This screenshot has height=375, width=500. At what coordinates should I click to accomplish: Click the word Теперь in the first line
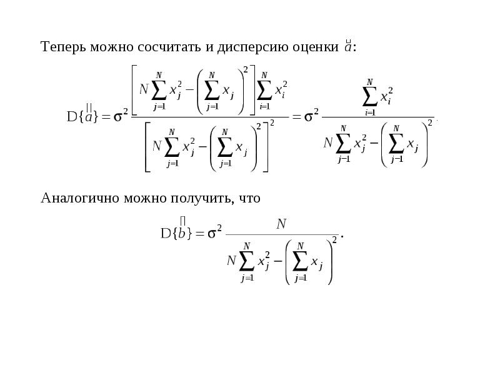point(64,47)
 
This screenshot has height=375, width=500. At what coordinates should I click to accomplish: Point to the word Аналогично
point(80,198)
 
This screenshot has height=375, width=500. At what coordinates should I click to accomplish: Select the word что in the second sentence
point(249,199)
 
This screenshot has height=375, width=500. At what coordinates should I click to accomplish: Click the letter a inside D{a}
point(89,117)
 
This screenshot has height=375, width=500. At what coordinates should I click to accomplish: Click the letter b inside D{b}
point(182,233)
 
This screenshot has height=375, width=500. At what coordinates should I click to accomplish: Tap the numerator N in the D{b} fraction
point(281,224)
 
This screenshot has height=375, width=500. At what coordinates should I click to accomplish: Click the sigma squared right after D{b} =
point(214,232)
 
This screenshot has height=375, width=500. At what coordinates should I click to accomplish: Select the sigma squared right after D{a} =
point(121,116)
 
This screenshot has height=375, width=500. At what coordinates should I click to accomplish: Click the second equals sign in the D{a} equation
point(296,117)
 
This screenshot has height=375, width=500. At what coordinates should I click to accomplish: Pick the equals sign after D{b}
point(199,234)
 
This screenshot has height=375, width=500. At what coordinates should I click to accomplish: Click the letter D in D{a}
point(72,117)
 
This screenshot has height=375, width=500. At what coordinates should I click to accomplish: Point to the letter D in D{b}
point(166,233)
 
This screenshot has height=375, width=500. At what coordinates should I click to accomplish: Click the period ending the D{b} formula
point(342,236)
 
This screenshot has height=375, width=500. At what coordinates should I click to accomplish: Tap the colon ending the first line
point(354,48)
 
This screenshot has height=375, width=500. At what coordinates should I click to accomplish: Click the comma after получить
point(232,202)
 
